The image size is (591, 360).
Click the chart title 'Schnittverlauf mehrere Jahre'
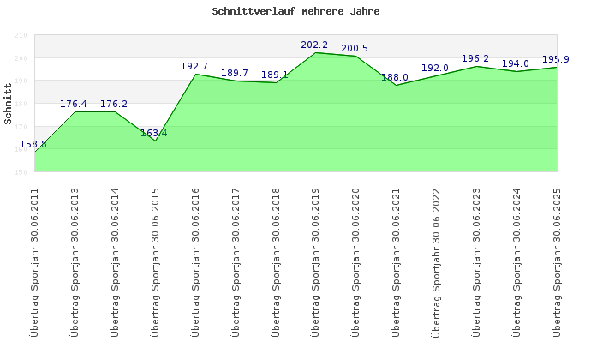click(x=295, y=12)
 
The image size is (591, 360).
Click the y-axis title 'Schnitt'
click(x=9, y=103)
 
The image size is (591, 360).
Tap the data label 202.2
click(x=315, y=45)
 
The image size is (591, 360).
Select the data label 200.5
click(x=354, y=48)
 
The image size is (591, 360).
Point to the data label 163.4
click(x=154, y=133)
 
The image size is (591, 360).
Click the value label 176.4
click(x=74, y=104)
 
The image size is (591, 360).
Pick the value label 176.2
click(x=114, y=104)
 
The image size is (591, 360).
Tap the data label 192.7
click(x=194, y=66)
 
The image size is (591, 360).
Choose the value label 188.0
click(x=394, y=77)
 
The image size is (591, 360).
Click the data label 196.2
click(x=475, y=58)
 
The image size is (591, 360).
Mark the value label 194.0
click(x=515, y=63)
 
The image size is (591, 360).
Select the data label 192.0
click(x=434, y=68)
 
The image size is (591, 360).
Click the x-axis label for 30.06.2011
click(x=34, y=261)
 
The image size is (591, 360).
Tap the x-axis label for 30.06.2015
click(x=155, y=261)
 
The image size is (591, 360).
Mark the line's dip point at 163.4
click(x=155, y=141)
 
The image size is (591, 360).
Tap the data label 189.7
click(x=235, y=73)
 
